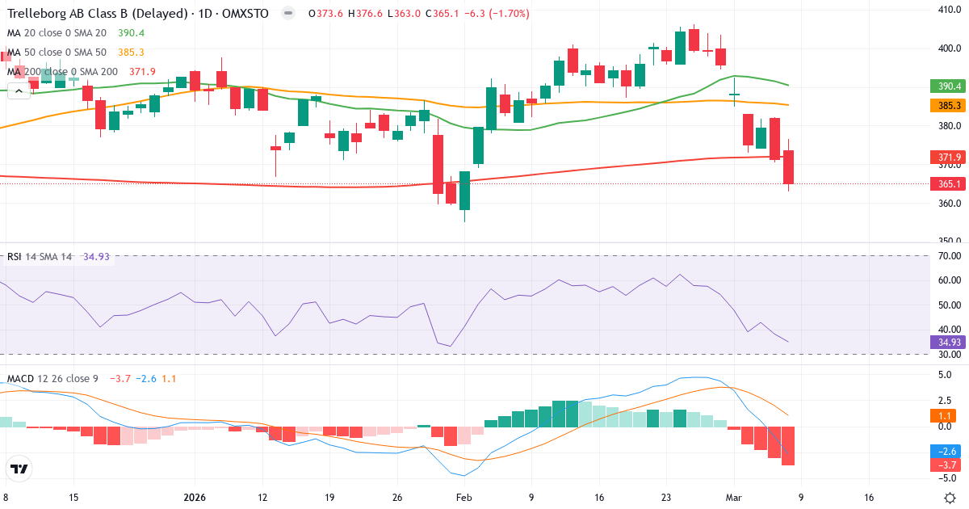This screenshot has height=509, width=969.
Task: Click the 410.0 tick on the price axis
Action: tap(948, 10)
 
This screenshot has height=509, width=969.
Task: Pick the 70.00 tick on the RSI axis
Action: tap(950, 256)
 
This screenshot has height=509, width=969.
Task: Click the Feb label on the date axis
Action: tap(464, 498)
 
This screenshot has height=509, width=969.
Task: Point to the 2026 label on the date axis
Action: tap(195, 498)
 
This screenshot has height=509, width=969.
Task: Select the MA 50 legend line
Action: tap(68, 53)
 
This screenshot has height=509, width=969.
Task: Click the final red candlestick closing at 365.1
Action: tap(788, 166)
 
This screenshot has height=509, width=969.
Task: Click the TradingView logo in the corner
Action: tap(19, 469)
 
